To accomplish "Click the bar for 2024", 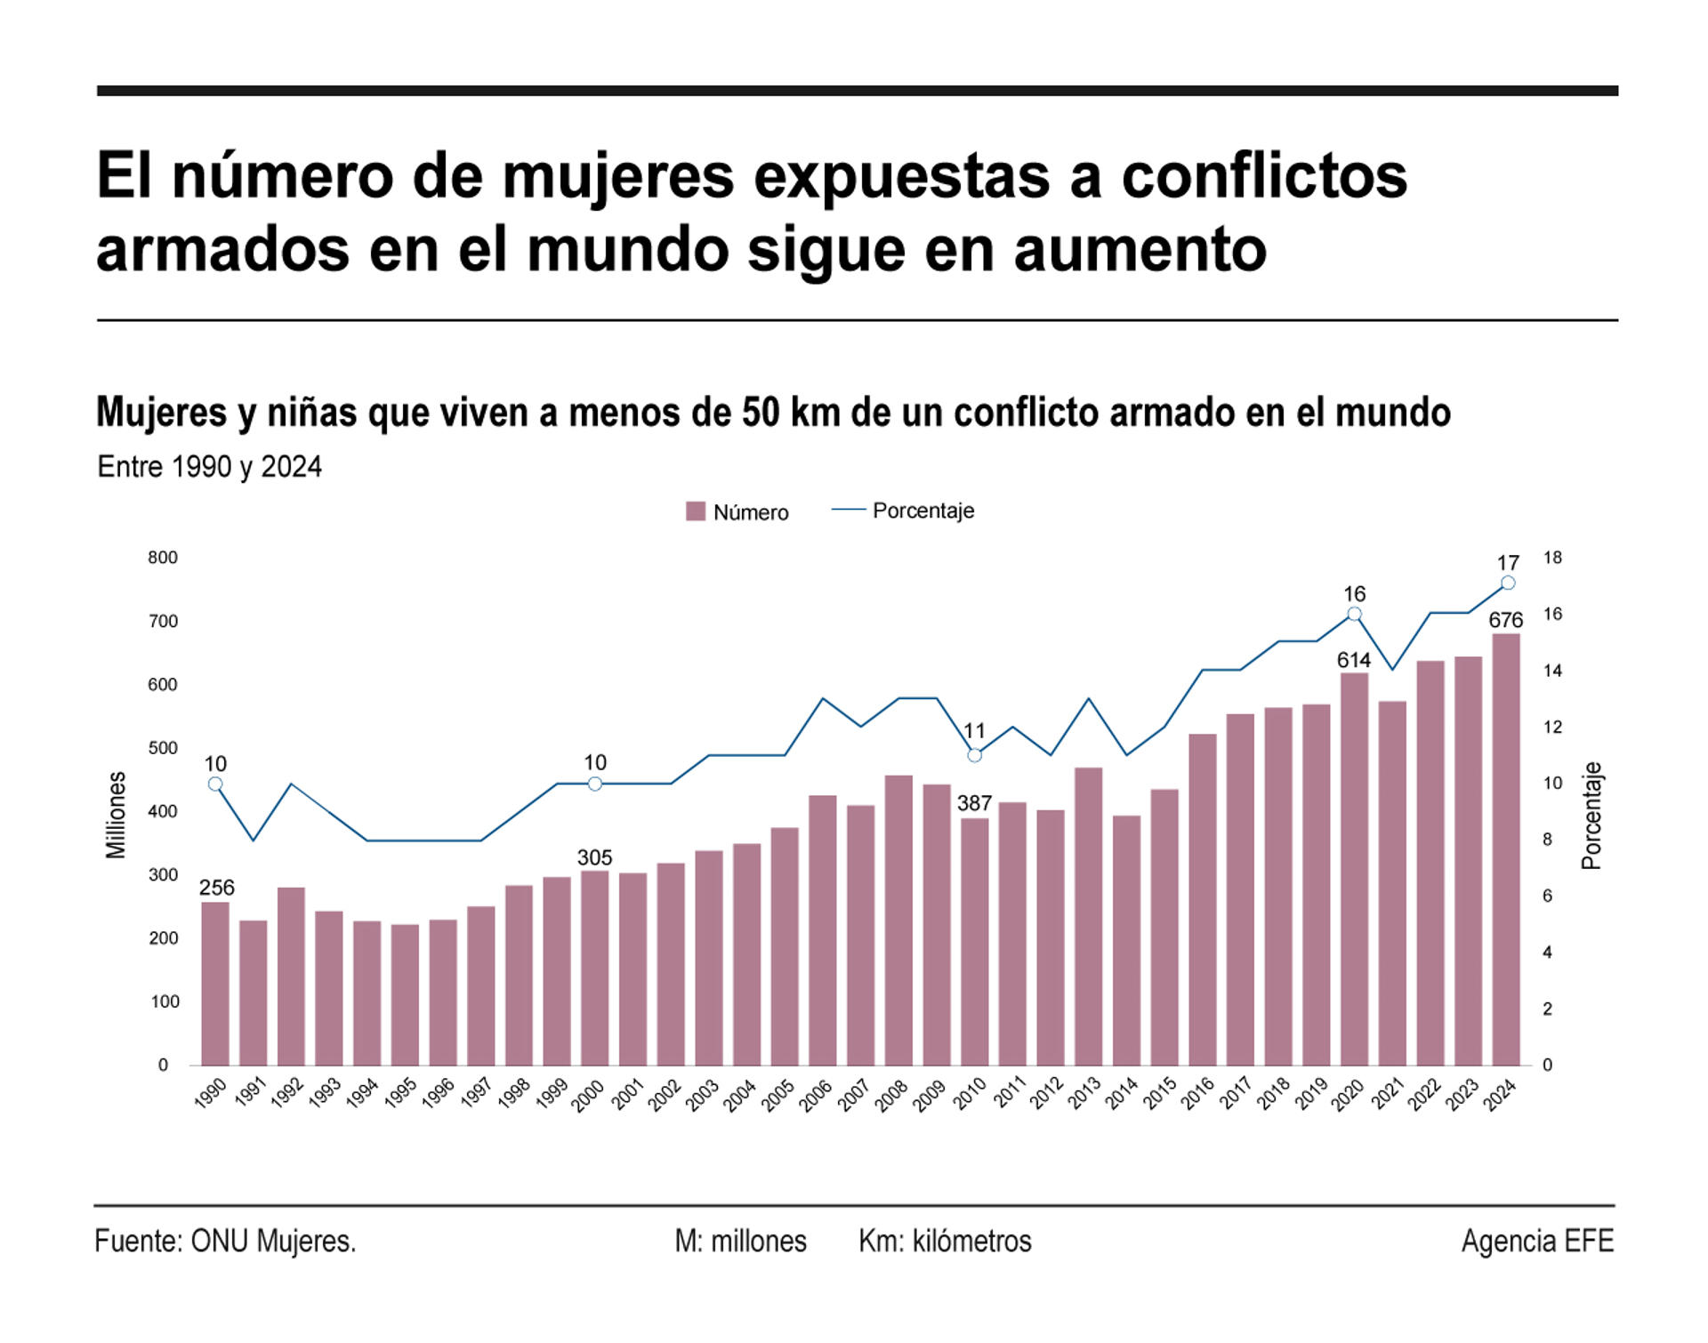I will pyautogui.click(x=1505, y=849).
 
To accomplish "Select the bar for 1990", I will pyautogui.click(x=215, y=984).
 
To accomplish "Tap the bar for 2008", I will pyautogui.click(x=898, y=921).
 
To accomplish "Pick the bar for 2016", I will pyautogui.click(x=1202, y=899).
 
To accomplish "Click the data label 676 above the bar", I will pyautogui.click(x=1505, y=620).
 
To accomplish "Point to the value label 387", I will pyautogui.click(x=974, y=803).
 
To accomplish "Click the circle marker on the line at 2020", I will pyautogui.click(x=1354, y=614).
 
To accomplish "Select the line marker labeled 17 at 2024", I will pyautogui.click(x=1508, y=583).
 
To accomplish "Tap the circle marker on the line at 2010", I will pyautogui.click(x=974, y=755).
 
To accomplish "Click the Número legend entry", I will pyautogui.click(x=737, y=512).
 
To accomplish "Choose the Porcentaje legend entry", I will pyautogui.click(x=904, y=511).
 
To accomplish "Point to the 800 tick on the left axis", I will pyautogui.click(x=163, y=558).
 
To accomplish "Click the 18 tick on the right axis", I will pyautogui.click(x=1552, y=558).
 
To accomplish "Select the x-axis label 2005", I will pyautogui.click(x=778, y=1095).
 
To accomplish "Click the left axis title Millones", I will pyautogui.click(x=117, y=815).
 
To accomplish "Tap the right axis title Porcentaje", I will pyautogui.click(x=1591, y=815).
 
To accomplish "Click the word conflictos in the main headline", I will pyautogui.click(x=1264, y=176).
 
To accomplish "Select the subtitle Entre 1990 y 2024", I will pyautogui.click(x=209, y=467).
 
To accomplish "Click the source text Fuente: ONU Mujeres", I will pyautogui.click(x=225, y=1241).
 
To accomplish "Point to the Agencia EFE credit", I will pyautogui.click(x=1536, y=1241).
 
